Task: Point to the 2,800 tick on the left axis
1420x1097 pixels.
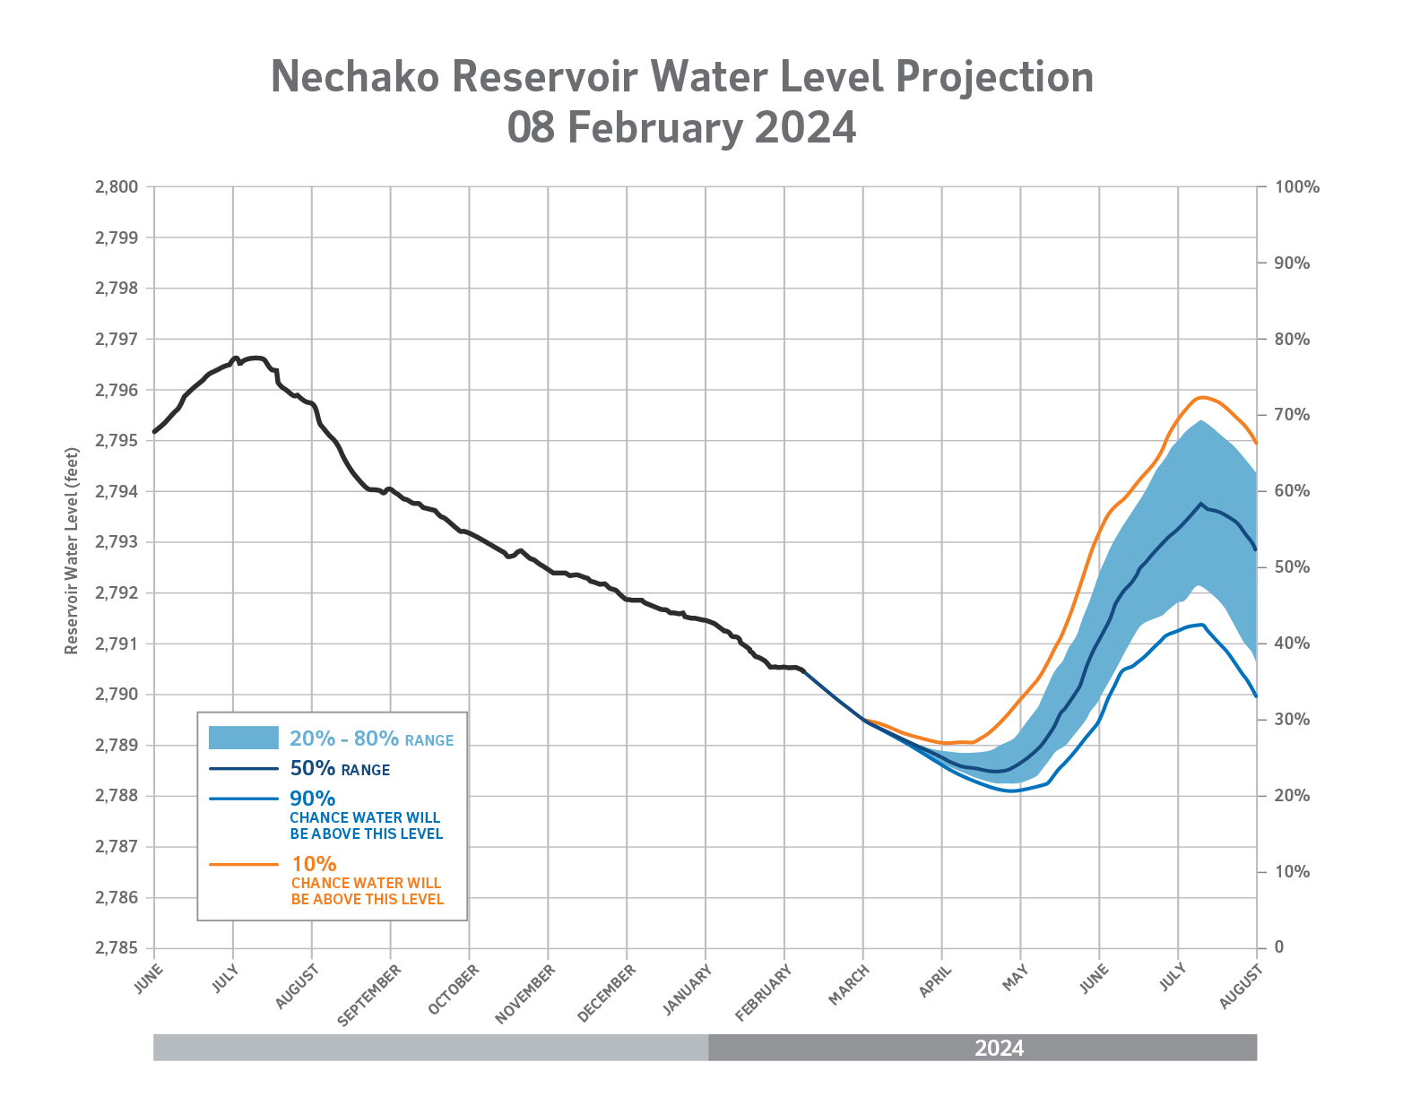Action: point(116,187)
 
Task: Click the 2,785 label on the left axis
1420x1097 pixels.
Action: point(116,948)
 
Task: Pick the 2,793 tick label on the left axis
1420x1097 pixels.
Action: point(116,542)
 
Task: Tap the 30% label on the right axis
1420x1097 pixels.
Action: point(1292,720)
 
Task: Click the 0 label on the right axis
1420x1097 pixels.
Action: point(1279,947)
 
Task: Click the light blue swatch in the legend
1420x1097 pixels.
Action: point(243,738)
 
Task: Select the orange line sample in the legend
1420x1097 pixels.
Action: point(243,865)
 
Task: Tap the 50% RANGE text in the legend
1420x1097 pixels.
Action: point(340,769)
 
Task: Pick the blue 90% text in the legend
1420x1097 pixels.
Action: point(312,798)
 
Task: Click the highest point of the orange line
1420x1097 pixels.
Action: point(1201,396)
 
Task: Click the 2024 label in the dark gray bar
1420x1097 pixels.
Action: point(999,1048)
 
